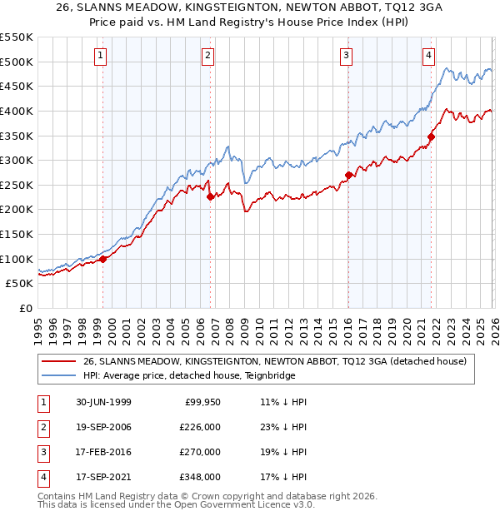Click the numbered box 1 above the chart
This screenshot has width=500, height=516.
click(x=100, y=56)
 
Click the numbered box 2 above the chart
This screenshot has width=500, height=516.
click(x=207, y=56)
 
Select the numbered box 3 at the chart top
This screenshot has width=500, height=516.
click(x=346, y=56)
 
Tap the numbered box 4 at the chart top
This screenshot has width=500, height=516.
click(x=428, y=56)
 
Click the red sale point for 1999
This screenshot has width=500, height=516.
click(x=103, y=259)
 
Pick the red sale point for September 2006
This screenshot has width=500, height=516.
click(x=210, y=196)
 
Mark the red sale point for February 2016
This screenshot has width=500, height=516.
click(x=348, y=175)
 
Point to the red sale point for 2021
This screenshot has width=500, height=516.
click(x=431, y=136)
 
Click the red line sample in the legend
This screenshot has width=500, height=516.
click(x=58, y=360)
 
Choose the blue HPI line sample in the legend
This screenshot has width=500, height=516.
click(x=58, y=375)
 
